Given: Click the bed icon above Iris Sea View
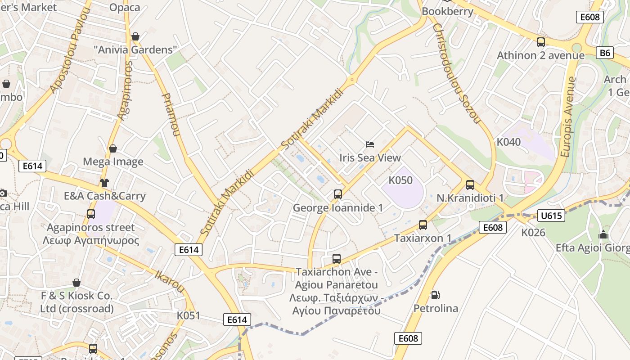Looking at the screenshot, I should tap(369, 144).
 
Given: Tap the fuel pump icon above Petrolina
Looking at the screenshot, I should tap(435, 295).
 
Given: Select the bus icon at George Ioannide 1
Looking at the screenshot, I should tap(338, 194).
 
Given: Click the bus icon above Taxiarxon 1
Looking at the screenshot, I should tap(423, 225).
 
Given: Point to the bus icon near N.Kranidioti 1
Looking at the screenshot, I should tap(470, 184).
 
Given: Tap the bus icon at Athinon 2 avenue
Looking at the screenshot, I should tap(541, 42).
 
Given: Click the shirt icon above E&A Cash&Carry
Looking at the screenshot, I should tap(104, 182).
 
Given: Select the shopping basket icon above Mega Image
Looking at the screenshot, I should tap(113, 148).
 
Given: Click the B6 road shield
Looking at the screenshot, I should tap(605, 53).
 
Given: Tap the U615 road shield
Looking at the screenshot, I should tap(551, 216).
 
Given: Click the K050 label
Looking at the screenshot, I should tap(400, 180).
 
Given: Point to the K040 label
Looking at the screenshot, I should tap(508, 142).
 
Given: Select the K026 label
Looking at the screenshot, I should tap(533, 233).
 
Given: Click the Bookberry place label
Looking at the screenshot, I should tap(448, 12).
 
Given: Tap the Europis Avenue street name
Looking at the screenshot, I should tap(569, 117).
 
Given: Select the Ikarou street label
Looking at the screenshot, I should tap(170, 281).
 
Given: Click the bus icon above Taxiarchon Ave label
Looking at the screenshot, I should tap(337, 259).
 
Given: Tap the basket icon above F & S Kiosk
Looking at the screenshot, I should tap(76, 283).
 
